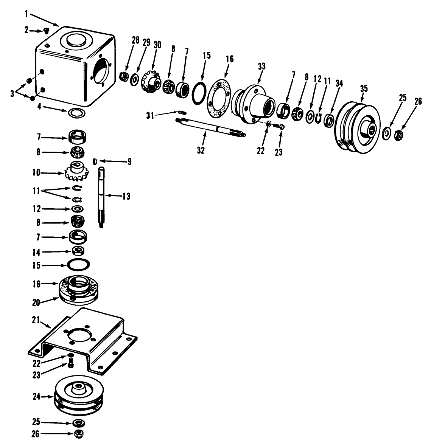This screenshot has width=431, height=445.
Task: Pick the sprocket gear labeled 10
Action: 77,172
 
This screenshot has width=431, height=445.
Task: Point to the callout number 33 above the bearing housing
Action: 261,67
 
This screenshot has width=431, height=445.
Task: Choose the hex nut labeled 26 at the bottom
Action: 79,434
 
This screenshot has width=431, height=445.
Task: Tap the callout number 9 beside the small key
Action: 129,161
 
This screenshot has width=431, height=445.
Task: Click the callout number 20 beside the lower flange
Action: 37,301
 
